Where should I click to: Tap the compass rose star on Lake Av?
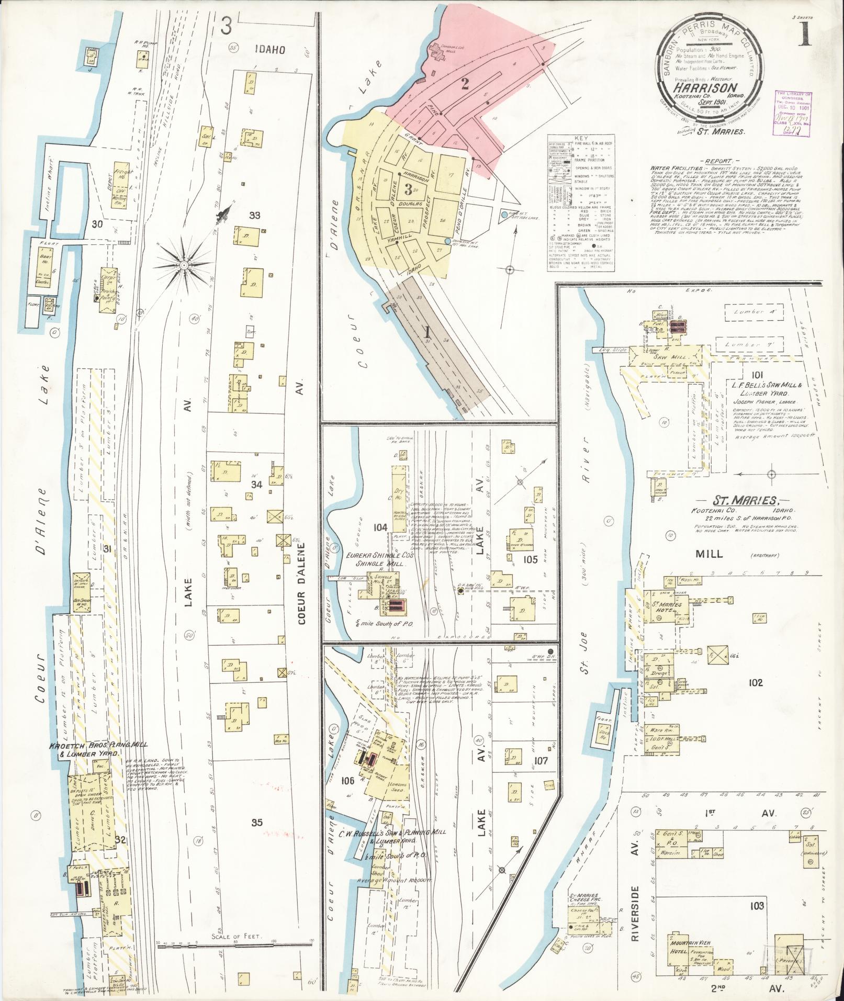pyautogui.click(x=184, y=266)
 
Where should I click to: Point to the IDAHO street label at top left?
pyautogui.click(x=270, y=50)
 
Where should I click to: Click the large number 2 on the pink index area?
pyautogui.click(x=464, y=84)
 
